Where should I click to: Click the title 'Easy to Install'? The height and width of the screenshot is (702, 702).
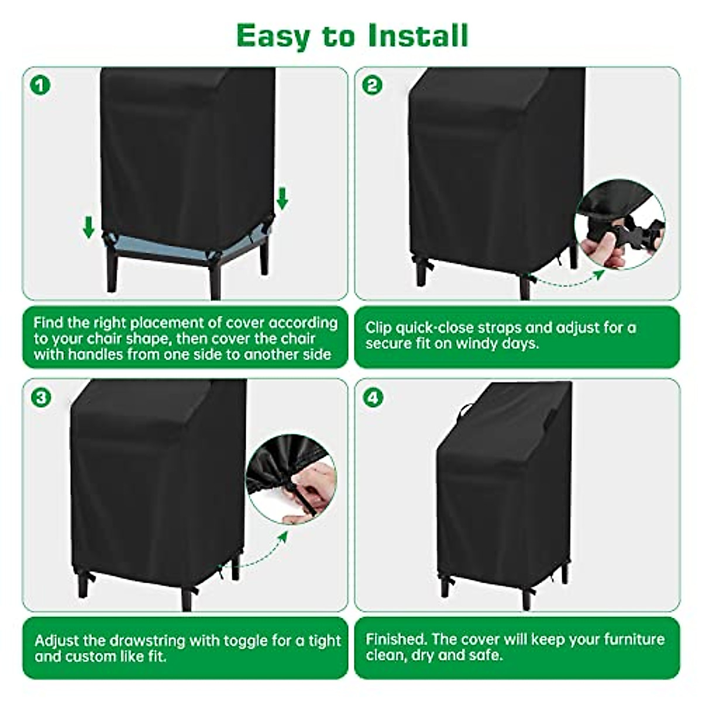point(352,36)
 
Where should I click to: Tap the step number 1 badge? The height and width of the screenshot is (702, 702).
point(40,85)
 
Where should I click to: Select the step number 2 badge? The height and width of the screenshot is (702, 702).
point(372,85)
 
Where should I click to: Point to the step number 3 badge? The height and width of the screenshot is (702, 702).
point(40,398)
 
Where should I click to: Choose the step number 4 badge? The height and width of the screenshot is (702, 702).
point(373,398)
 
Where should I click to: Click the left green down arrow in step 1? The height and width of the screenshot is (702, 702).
point(89,227)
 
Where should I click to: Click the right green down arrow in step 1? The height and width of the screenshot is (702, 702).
point(282,198)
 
